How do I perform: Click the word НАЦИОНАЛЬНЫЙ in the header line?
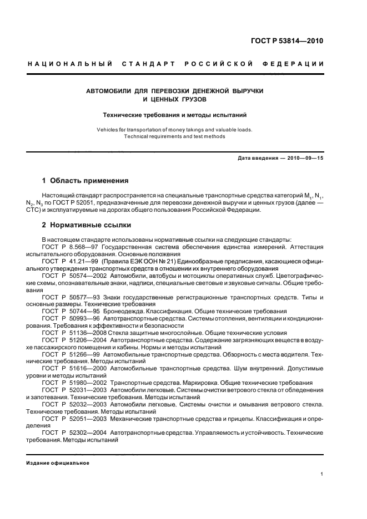point(68,64)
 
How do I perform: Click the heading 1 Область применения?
point(86,181)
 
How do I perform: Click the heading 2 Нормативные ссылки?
point(87,226)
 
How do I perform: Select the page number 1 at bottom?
point(322,474)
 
